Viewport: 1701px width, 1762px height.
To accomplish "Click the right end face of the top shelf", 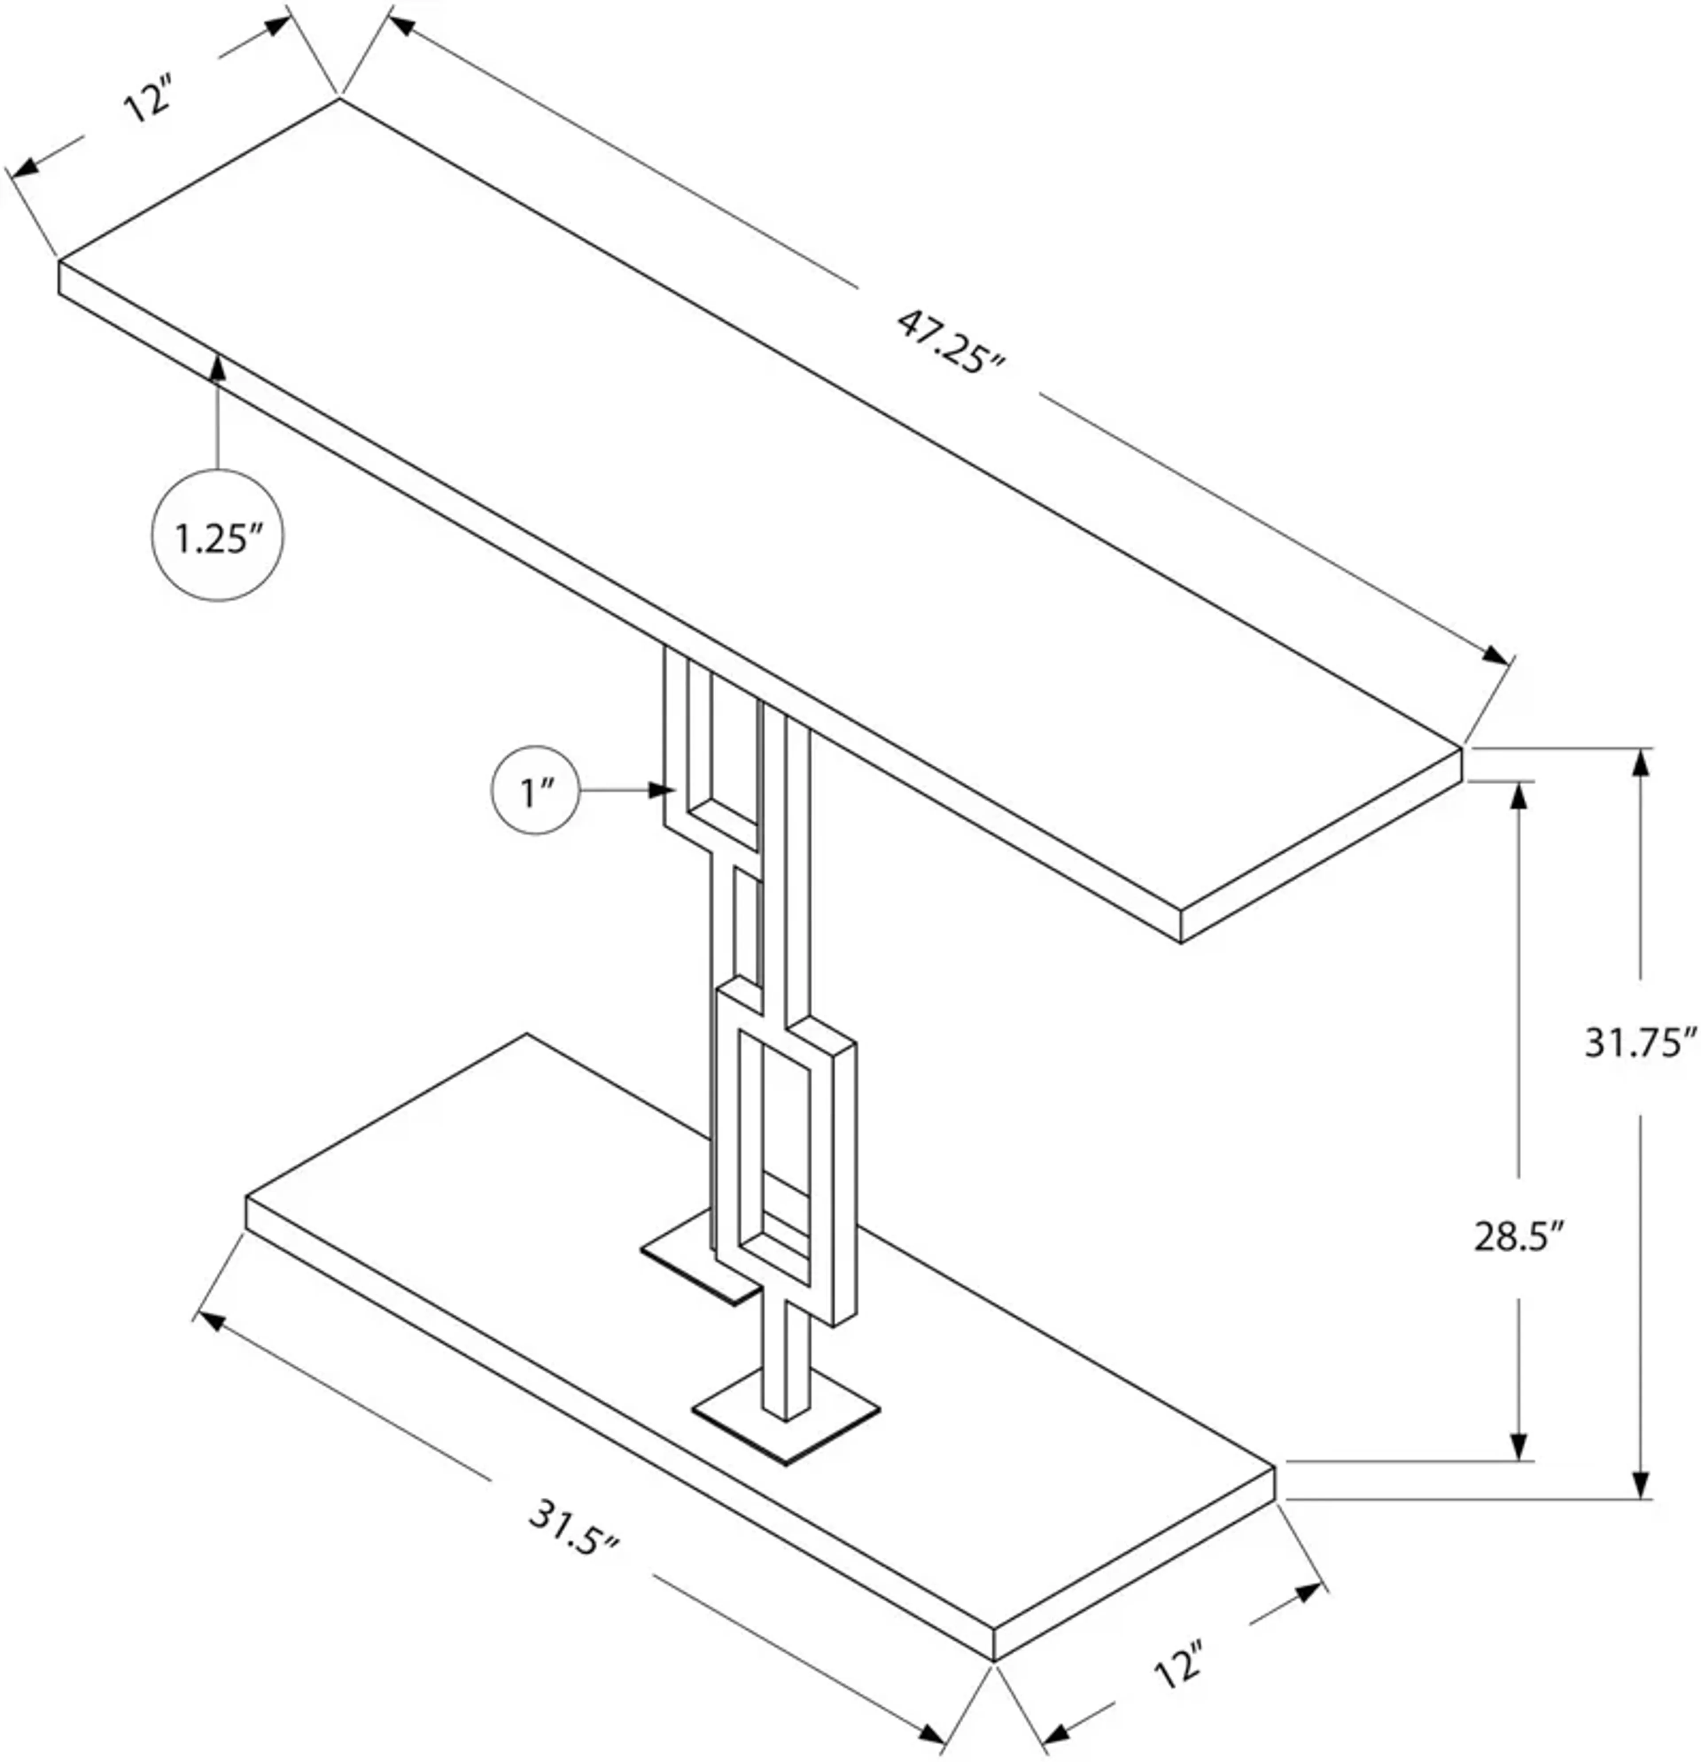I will [x=1320, y=845].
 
